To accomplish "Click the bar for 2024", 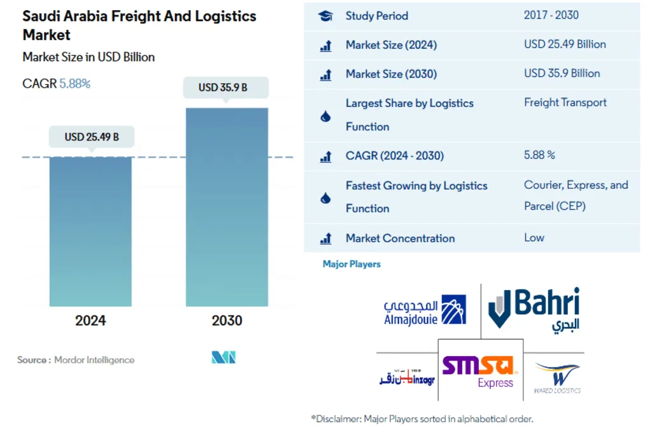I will point(90,232).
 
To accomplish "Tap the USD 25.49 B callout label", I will point(91,137).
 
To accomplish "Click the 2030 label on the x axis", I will point(227,320).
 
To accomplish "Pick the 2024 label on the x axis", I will point(90,320).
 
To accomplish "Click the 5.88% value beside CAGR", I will point(75,83).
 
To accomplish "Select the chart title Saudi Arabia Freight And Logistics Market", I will point(139,25).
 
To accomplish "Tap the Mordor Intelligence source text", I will point(94,360).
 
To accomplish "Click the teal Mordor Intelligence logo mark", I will point(223,357).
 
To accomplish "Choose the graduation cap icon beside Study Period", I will point(325,17).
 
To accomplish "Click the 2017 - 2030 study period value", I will point(551,15).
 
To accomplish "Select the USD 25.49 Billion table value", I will point(565,45).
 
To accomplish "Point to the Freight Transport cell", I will point(565,102).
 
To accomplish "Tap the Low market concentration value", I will point(534,238).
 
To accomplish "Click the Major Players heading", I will point(351,264).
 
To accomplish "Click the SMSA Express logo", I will point(481,371).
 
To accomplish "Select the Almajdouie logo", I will point(425,310).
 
